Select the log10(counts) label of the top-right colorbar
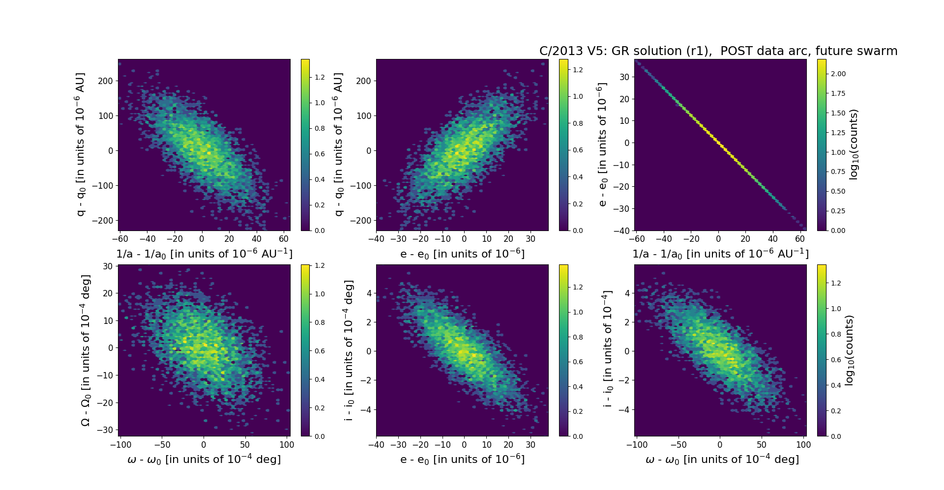pyautogui.click(x=854, y=144)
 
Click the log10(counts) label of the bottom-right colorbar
pyautogui.click(x=849, y=350)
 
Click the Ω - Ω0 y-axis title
pyautogui.click(x=86, y=350)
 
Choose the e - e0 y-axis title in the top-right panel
pyautogui.click(x=603, y=144)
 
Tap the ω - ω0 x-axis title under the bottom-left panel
pyautogui.click(x=204, y=460)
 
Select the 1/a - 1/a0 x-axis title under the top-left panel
pyautogui.click(x=204, y=254)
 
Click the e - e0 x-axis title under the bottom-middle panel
pyautogui.click(x=462, y=460)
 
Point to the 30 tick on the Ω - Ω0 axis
pyautogui.click(x=108, y=266)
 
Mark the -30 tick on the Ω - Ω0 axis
pyautogui.click(x=106, y=430)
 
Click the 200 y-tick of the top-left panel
pyautogui.click(x=105, y=81)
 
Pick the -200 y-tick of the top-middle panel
pyautogui.click(x=361, y=221)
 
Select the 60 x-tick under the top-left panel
pyautogui.click(x=284, y=239)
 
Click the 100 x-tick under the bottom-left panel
pyautogui.click(x=287, y=445)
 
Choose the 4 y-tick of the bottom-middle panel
pyautogui.click(x=369, y=293)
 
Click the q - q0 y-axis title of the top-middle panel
pyautogui.click(x=339, y=144)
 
